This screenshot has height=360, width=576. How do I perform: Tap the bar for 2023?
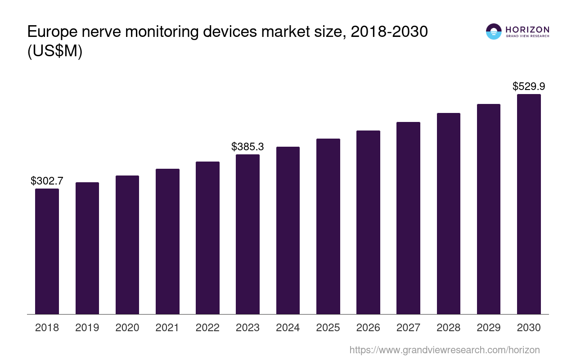click(x=247, y=234)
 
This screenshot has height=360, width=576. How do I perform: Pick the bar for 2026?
click(x=368, y=222)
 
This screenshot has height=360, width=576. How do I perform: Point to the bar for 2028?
click(x=448, y=213)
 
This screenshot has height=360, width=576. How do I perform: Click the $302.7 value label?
click(x=47, y=181)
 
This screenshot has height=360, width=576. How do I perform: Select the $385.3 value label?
click(x=247, y=147)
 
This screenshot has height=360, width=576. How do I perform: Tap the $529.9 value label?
click(x=529, y=86)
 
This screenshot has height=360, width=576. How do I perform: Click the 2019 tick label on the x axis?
click(x=87, y=328)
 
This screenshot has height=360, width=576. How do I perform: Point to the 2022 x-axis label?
click(x=207, y=328)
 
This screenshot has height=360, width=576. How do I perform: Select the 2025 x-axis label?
click(x=328, y=328)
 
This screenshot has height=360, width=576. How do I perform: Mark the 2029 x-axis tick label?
click(x=489, y=328)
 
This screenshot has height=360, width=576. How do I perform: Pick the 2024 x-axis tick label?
click(x=288, y=328)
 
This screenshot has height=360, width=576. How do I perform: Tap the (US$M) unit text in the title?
click(x=55, y=52)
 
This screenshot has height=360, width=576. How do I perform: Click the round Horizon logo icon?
click(x=494, y=31)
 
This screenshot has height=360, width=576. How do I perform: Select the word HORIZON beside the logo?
click(x=527, y=30)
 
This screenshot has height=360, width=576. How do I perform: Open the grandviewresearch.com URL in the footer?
click(x=444, y=350)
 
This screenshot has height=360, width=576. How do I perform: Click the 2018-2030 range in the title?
click(x=389, y=32)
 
